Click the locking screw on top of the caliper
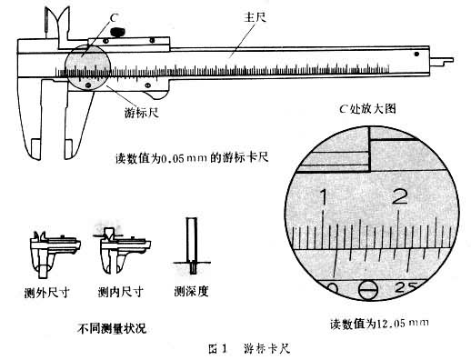pos(116,34)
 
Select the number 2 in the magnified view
pos(398,195)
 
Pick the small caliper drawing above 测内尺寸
pos(117,249)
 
